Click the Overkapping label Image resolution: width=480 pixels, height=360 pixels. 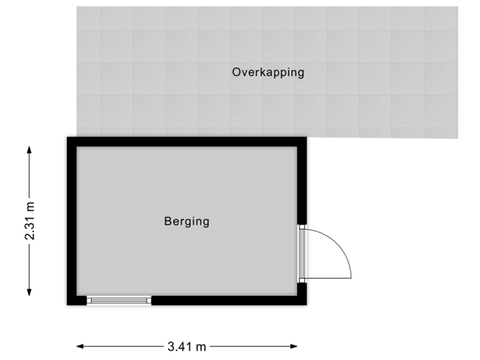268,73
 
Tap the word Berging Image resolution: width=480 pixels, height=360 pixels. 187,221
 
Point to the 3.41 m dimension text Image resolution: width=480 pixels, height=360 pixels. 187,346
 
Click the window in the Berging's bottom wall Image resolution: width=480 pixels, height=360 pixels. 119,301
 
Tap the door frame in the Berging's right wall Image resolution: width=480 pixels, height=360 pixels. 303,253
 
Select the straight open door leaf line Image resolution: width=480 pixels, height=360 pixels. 330,277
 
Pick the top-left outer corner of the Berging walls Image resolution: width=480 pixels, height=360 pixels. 65,135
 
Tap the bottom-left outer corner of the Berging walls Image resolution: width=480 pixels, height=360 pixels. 65,307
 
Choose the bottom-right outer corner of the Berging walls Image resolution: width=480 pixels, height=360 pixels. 309,307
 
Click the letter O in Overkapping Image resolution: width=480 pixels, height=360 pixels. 237,72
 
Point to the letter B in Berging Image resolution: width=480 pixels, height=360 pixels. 168,221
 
